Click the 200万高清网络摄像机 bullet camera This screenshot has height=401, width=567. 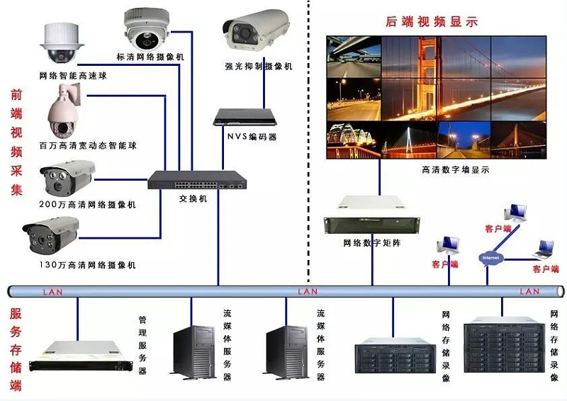[68, 178]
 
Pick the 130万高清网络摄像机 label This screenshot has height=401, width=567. [88, 265]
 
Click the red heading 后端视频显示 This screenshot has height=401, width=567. [431, 21]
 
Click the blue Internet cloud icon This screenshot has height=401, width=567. [490, 258]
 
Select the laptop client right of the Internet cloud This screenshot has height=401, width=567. [544, 249]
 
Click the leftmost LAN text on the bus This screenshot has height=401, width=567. [52, 291]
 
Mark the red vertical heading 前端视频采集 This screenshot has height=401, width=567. [17, 142]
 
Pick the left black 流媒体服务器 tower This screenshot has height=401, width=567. [194, 348]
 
